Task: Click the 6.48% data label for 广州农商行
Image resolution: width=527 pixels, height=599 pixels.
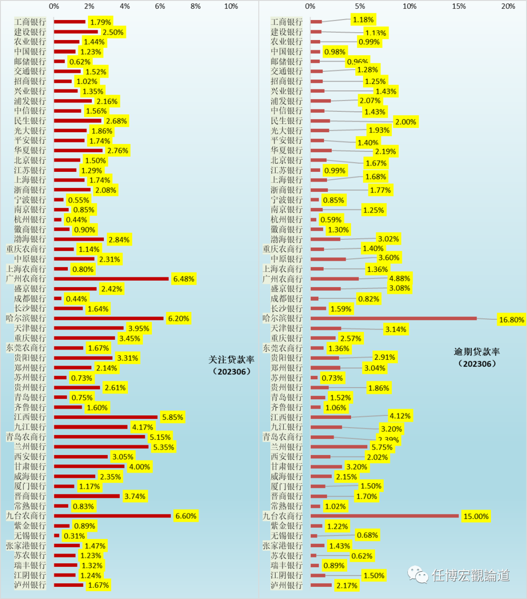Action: (183, 279)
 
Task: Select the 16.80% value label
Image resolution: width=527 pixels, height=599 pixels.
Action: (511, 320)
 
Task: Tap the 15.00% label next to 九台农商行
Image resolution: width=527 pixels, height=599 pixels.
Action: (476, 516)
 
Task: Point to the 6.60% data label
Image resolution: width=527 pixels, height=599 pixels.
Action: (186, 516)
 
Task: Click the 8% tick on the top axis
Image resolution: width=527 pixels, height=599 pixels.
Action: (195, 6)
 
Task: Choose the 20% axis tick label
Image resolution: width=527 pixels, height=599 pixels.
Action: (508, 6)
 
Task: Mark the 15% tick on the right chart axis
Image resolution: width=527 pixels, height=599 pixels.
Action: (459, 6)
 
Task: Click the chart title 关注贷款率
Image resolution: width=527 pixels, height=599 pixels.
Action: (231, 360)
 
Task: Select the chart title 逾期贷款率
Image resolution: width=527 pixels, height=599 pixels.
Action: (477, 352)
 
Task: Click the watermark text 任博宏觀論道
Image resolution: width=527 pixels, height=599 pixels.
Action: (471, 576)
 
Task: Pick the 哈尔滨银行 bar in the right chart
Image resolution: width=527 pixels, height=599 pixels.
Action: (393, 318)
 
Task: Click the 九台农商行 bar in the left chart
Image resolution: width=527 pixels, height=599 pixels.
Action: (112, 516)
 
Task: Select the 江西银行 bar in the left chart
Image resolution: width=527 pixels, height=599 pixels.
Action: (105, 417)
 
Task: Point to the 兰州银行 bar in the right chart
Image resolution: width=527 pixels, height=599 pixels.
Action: (339, 447)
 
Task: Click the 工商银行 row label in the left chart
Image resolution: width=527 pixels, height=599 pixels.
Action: (30, 22)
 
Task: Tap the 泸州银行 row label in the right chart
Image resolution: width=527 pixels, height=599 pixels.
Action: (286, 585)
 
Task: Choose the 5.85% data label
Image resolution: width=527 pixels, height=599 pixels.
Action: (172, 417)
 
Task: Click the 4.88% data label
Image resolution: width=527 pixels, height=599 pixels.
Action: (399, 278)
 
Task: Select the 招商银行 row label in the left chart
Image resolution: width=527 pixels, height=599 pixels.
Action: (30, 81)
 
